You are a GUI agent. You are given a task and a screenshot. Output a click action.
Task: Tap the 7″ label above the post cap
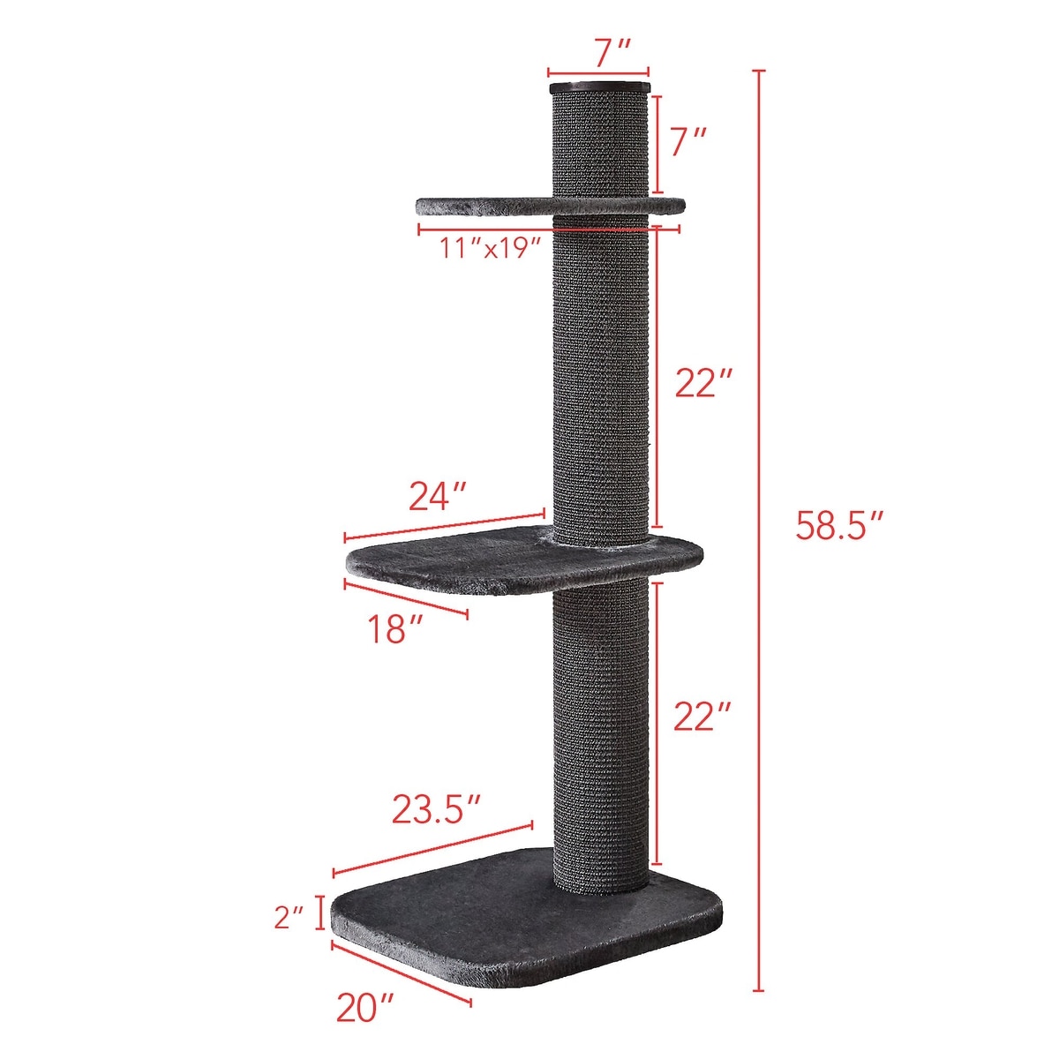click(x=599, y=53)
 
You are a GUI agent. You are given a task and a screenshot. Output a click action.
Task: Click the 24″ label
click(x=439, y=497)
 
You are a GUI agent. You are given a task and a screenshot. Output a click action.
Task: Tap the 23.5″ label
click(x=438, y=807)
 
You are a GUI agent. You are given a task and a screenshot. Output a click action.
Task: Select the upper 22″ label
click(x=702, y=382)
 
